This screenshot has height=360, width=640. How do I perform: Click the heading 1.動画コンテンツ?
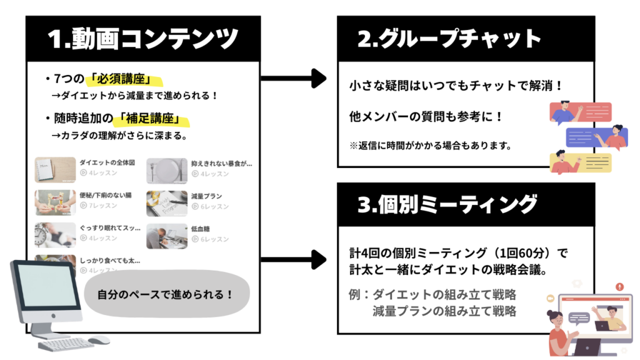pos(143,39)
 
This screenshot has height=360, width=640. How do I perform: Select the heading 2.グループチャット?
pos(449,39)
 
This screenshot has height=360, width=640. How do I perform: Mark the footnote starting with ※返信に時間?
pos(431,146)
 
